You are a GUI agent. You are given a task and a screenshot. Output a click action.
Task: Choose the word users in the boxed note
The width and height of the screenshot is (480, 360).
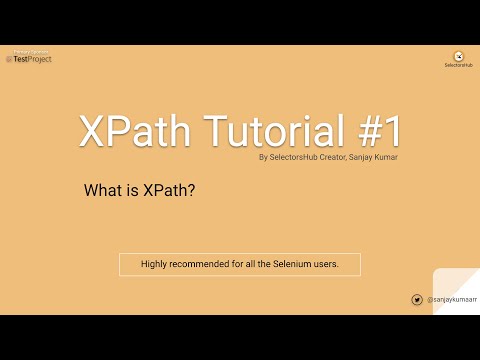pyautogui.click(x=325, y=265)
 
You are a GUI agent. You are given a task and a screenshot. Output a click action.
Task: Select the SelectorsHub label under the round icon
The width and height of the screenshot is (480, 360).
pyautogui.click(x=458, y=66)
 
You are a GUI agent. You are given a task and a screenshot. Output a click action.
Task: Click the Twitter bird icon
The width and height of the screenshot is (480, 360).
pyautogui.click(x=416, y=299)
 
